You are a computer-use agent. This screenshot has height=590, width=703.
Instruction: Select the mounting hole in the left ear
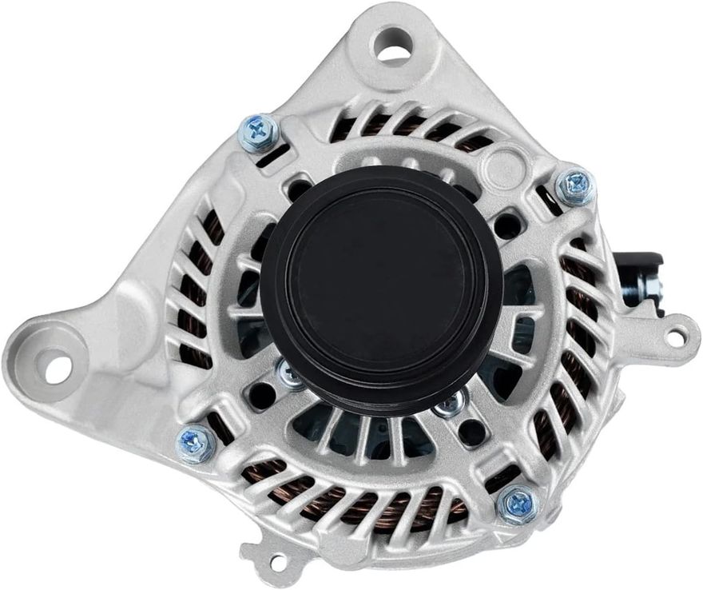[x=58, y=369]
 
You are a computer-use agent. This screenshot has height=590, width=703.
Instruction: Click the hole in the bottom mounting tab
[x=277, y=563]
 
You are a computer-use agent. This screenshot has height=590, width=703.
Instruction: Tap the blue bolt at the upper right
[x=574, y=186]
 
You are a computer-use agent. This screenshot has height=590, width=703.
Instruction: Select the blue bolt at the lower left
[x=195, y=442]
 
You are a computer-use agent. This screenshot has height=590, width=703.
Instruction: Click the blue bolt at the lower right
[x=517, y=504]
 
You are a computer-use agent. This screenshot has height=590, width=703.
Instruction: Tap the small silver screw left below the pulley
[x=289, y=373]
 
